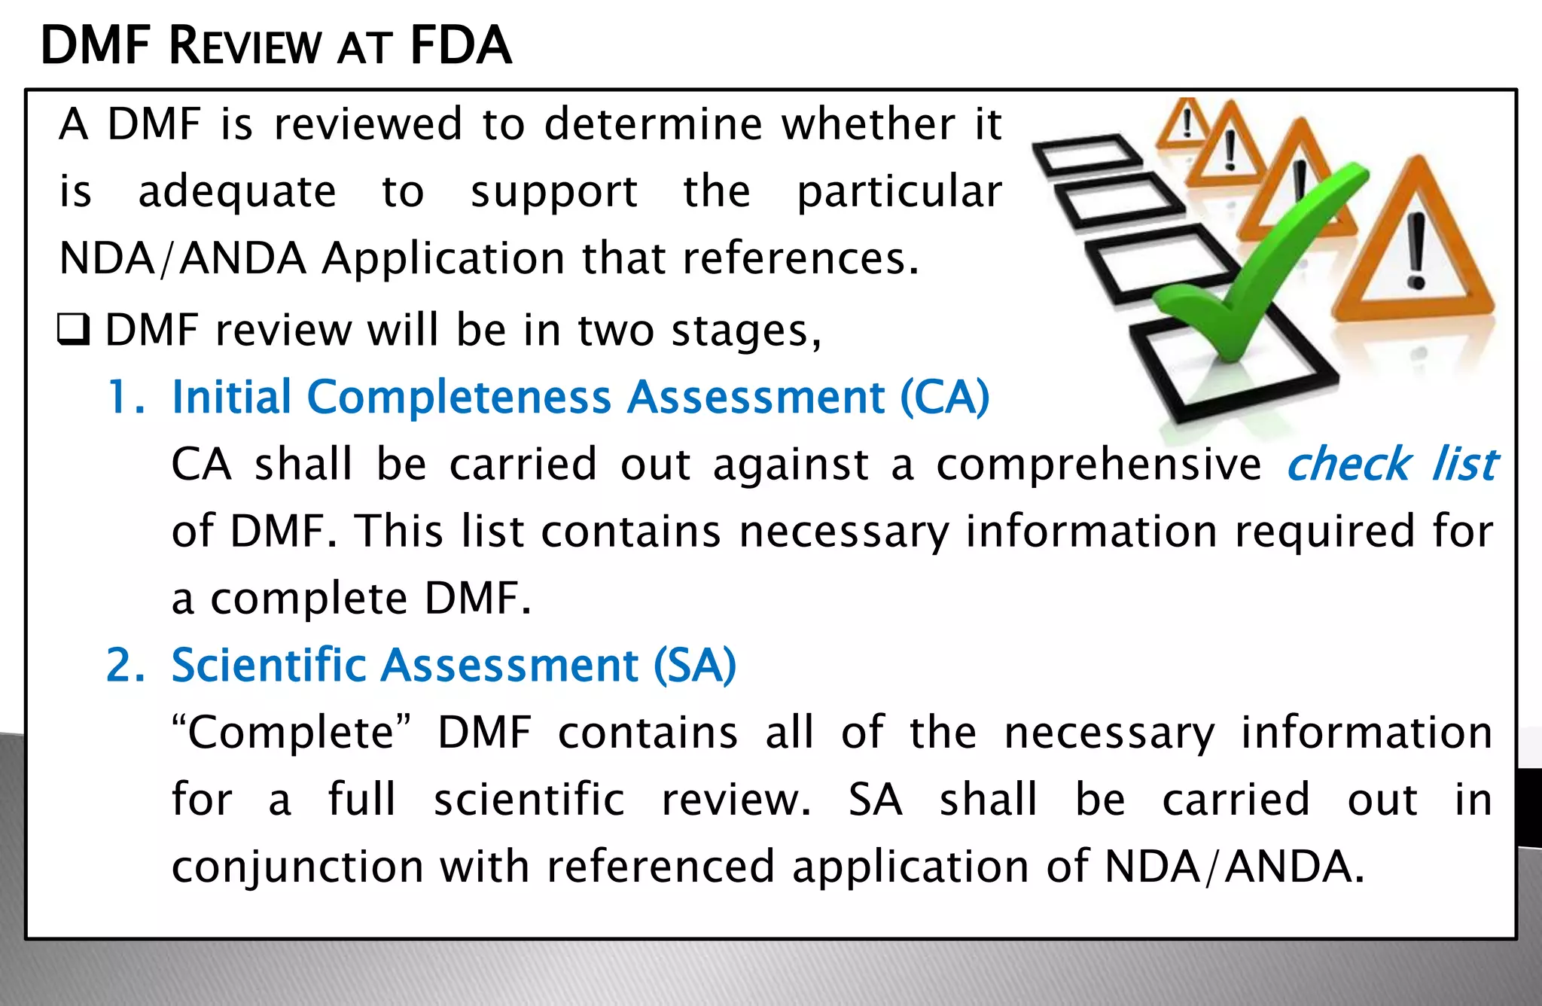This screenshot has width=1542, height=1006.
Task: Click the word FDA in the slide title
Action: click(x=461, y=47)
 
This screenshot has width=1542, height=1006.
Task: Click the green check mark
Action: click(x=1257, y=271)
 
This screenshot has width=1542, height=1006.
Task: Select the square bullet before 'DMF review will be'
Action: click(x=74, y=330)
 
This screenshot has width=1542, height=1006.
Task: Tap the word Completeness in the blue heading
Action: click(x=459, y=397)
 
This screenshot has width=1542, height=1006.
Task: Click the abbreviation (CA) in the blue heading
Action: click(x=945, y=397)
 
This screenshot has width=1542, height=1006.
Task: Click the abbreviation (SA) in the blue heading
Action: click(x=694, y=665)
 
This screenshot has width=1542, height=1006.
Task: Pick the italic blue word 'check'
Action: click(x=1348, y=464)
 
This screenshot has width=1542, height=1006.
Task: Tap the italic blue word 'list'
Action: click(x=1464, y=464)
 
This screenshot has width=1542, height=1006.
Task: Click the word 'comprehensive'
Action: click(x=1099, y=465)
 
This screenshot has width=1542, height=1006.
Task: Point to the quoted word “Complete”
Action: click(x=291, y=733)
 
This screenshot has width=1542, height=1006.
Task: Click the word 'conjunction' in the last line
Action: click(x=297, y=867)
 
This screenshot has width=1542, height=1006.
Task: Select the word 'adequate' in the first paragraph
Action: click(x=237, y=192)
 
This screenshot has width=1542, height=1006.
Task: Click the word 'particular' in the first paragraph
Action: click(x=900, y=192)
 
